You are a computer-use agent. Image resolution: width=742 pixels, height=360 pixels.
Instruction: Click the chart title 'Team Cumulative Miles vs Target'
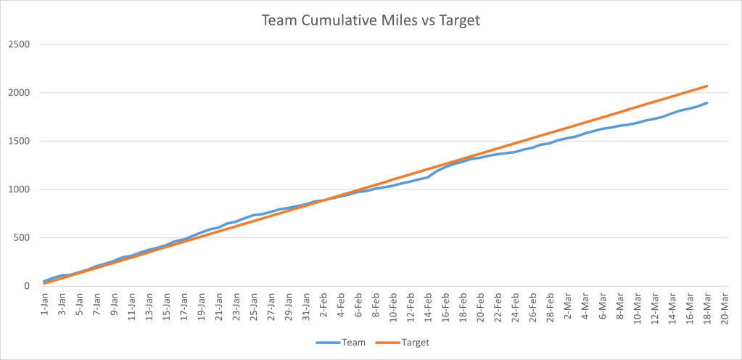point(371,21)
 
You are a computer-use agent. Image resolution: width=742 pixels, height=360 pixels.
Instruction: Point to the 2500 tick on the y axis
point(20,44)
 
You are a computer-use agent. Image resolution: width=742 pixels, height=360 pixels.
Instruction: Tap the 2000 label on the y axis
point(20,93)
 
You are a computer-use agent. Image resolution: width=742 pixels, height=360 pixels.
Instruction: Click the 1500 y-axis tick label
point(20,141)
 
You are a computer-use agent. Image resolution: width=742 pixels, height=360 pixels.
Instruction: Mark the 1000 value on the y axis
point(20,189)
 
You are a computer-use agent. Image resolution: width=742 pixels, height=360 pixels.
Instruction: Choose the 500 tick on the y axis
point(22,237)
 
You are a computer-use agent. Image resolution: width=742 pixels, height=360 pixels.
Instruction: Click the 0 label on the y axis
point(28,286)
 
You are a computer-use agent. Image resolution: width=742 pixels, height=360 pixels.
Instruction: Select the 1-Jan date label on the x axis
point(45,306)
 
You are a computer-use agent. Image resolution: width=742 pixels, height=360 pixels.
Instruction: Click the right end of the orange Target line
point(707,86)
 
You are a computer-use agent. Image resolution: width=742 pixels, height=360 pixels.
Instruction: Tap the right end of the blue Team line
point(707,102)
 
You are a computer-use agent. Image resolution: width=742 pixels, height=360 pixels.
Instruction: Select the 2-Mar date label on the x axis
point(570,306)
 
